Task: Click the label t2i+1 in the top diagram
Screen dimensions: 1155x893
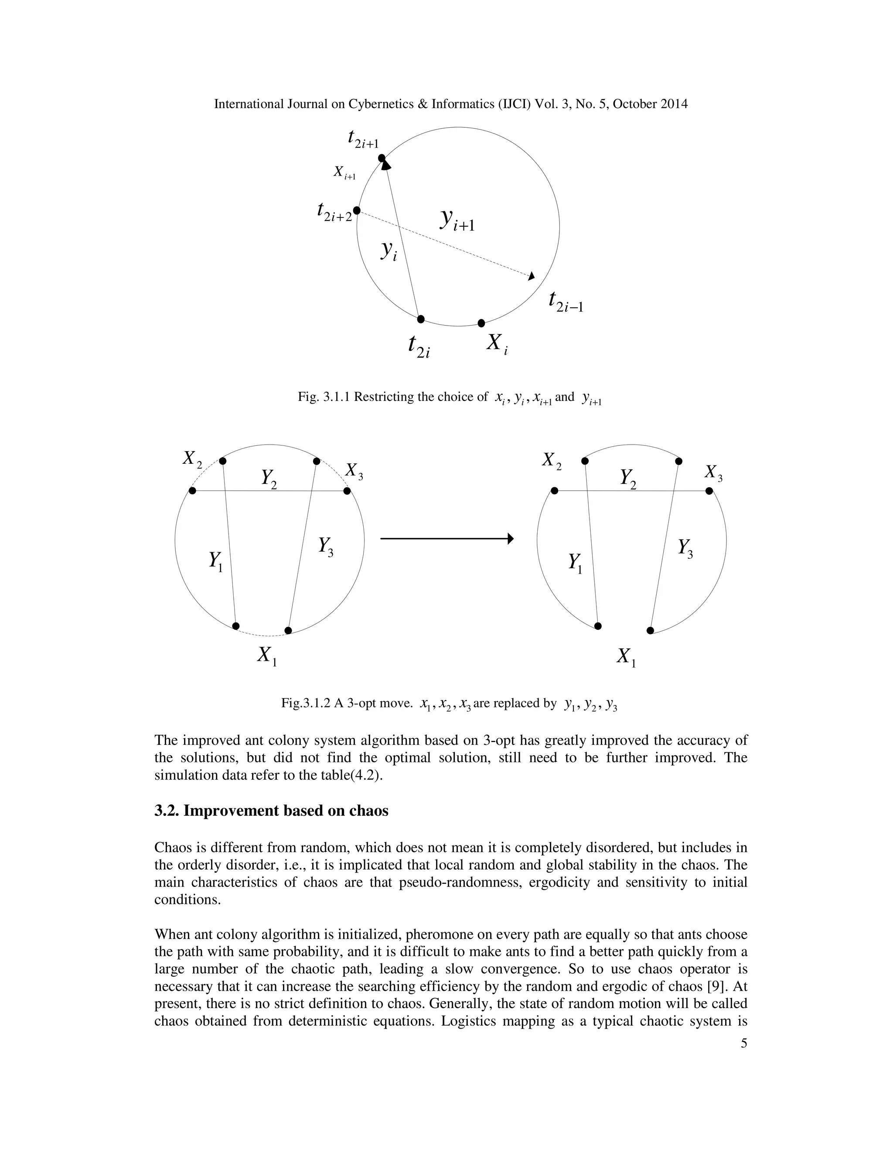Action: tap(363, 139)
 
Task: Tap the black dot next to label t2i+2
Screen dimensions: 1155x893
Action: tap(357, 211)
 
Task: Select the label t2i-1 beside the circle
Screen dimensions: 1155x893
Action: tap(566, 302)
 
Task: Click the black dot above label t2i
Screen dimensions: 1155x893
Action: tap(421, 319)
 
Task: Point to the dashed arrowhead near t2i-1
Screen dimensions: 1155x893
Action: tap(531, 275)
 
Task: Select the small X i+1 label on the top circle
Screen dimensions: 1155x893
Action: tap(344, 173)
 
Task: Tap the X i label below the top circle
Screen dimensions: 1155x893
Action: tap(497, 344)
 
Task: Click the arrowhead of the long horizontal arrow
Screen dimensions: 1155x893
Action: tap(510, 538)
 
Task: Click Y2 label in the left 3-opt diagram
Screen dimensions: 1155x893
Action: tap(269, 479)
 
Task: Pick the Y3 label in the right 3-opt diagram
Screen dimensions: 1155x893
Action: tap(685, 548)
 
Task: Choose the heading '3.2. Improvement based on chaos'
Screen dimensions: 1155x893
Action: tap(271, 811)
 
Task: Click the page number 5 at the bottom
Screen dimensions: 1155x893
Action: tap(744, 1043)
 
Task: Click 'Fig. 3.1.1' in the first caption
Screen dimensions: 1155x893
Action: tap(324, 397)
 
